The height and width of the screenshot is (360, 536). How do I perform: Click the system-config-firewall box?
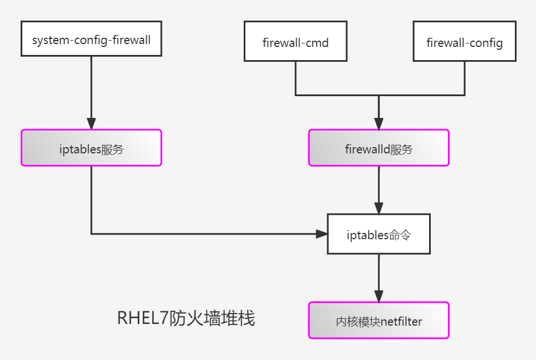92,39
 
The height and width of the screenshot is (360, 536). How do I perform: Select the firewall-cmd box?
295,41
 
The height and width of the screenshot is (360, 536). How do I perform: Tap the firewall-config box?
464,41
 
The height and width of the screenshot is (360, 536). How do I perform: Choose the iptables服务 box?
92,148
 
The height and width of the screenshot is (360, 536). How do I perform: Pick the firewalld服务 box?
379,148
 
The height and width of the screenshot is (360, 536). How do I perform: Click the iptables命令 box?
379,234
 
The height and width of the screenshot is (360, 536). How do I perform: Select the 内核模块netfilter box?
379,321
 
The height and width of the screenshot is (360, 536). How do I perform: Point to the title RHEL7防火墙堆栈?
186,318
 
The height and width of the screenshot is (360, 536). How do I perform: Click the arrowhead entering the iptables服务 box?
92,124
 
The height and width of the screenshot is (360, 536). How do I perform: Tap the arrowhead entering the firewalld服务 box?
379,124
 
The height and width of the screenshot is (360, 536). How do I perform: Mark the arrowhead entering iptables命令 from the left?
321,234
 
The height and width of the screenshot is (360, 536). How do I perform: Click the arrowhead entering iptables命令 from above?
379,208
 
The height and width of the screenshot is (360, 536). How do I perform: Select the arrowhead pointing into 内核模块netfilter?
379,296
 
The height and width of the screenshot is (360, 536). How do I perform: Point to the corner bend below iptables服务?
92,234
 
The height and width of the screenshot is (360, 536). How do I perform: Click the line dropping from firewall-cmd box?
295,78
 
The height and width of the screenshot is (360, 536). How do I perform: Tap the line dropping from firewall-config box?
464,78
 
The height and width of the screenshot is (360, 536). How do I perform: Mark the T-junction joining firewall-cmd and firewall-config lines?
379,95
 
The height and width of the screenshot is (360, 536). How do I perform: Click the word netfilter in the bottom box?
401,322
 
